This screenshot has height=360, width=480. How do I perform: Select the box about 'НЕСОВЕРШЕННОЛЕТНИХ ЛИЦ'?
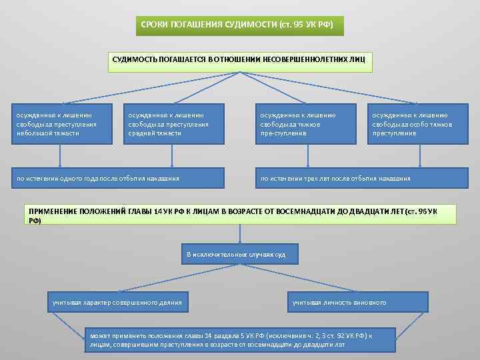click(239, 59)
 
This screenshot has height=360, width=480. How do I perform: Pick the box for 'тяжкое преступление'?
click(307, 123)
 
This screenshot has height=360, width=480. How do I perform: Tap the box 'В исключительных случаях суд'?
click(239, 255)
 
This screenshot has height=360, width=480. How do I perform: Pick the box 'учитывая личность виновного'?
click(358, 303)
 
